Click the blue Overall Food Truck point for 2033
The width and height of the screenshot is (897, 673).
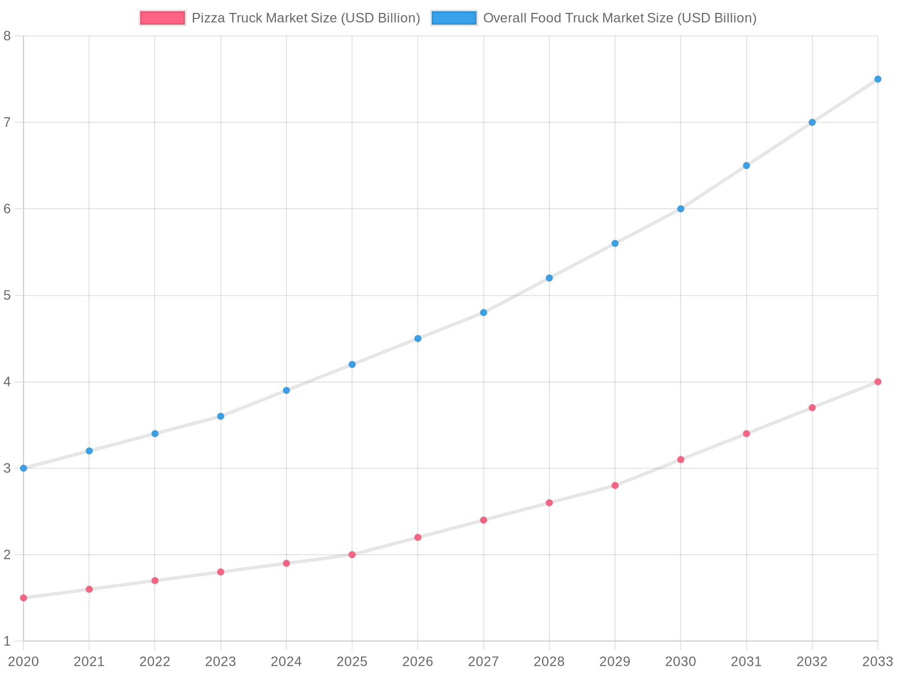(877, 79)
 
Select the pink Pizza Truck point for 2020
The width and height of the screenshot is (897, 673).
(24, 598)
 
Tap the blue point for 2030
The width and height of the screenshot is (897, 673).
(681, 209)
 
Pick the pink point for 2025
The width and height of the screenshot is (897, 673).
(352, 555)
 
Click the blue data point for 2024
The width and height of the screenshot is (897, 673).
(286, 390)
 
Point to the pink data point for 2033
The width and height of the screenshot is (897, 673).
(877, 382)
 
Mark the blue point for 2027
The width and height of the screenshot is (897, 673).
(483, 312)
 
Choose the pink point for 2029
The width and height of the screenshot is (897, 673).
(615, 486)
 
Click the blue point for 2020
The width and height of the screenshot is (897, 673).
(24, 468)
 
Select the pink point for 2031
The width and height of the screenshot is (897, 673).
(746, 434)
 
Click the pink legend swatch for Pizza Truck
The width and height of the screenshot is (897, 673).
(163, 18)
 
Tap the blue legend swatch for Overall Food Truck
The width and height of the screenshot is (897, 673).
(454, 18)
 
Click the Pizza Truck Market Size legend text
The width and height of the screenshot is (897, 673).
(306, 18)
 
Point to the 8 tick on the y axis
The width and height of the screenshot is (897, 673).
(7, 36)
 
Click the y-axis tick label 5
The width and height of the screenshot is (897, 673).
(7, 296)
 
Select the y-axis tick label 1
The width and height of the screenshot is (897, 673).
(7, 641)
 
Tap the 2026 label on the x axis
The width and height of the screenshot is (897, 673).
(418, 662)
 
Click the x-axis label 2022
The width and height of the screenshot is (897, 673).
(155, 662)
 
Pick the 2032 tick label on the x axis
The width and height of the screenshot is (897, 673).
(812, 662)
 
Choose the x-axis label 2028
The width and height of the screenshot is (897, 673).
(549, 662)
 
